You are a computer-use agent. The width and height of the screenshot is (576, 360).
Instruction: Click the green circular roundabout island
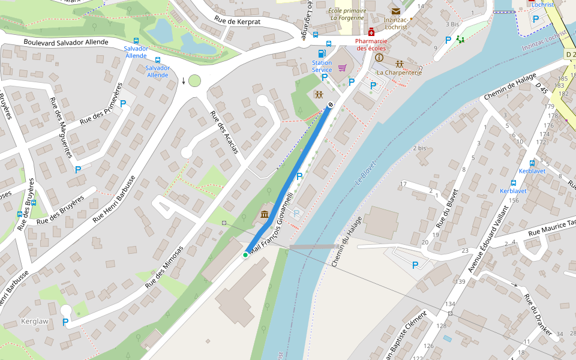click(x=194, y=80)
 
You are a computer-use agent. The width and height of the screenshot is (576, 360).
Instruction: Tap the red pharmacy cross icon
click(x=371, y=32)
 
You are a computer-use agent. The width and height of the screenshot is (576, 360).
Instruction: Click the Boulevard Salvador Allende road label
click(x=66, y=42)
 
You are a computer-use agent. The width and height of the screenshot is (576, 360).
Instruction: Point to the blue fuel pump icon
click(x=322, y=53)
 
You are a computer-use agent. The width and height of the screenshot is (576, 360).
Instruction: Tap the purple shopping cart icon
click(x=342, y=67)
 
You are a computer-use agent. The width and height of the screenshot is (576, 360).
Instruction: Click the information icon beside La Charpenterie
click(x=379, y=58)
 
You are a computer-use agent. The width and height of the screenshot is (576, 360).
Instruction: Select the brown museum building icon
click(x=265, y=214)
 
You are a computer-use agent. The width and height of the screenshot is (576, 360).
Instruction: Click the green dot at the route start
click(x=245, y=255)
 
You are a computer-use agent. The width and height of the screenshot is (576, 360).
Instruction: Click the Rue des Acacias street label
click(x=224, y=132)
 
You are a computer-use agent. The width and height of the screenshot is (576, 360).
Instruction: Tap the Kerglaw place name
click(x=34, y=321)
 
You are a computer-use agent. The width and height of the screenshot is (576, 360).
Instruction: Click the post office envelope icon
click(x=395, y=11)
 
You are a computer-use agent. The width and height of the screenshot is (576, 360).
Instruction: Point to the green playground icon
click(x=460, y=40)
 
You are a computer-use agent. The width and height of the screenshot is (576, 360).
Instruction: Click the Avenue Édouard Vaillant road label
click(x=488, y=240)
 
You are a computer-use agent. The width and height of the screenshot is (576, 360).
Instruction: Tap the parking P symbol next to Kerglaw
click(x=65, y=322)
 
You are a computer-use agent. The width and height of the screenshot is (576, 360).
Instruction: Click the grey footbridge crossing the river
click(x=313, y=247)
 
